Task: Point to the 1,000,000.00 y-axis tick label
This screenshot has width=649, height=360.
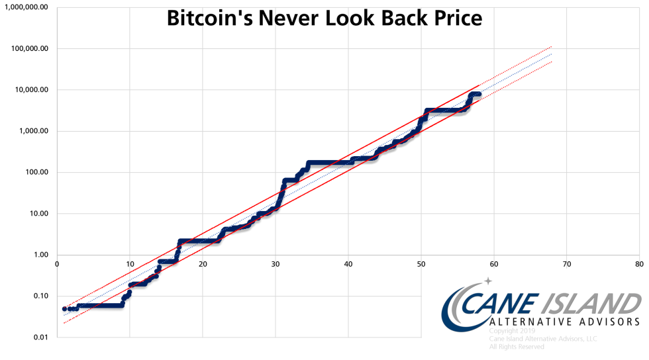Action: click(27, 7)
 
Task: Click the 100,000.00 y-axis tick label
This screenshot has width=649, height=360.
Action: click(30, 48)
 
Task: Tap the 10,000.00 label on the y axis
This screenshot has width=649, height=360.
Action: click(32, 90)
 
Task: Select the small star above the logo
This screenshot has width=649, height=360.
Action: click(488, 281)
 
